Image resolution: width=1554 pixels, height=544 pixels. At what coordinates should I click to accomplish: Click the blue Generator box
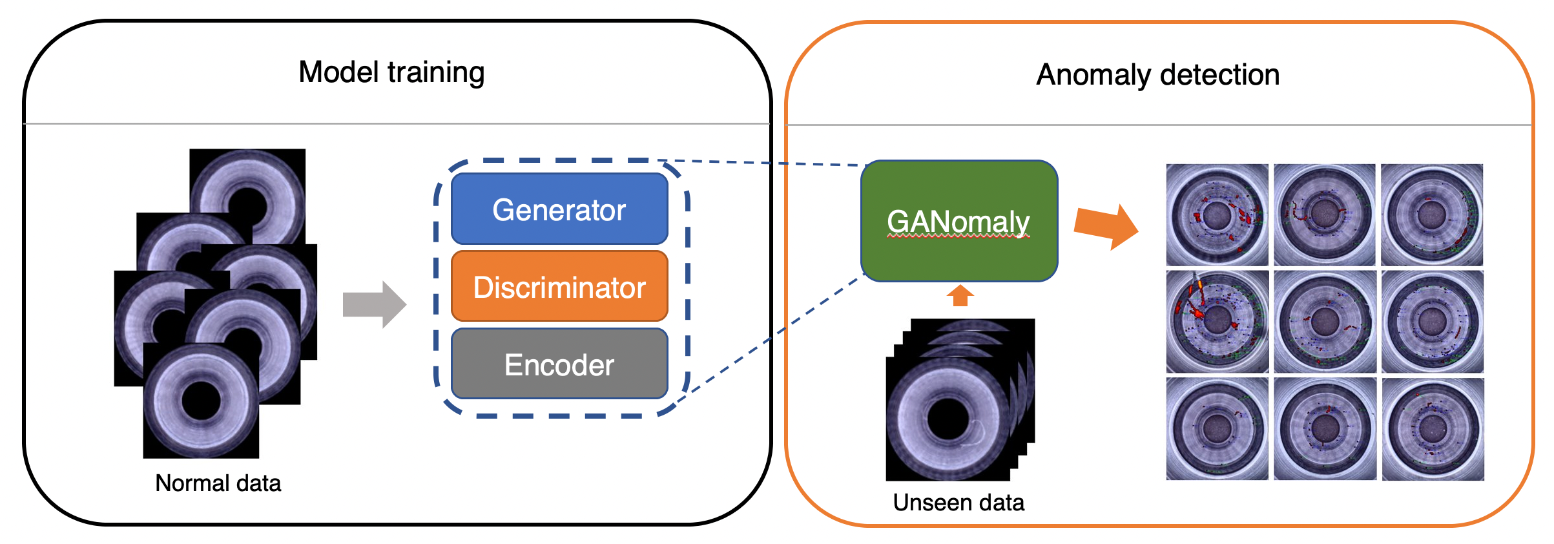tap(559, 209)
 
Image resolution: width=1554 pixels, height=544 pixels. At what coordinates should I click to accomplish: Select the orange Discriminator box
tap(559, 286)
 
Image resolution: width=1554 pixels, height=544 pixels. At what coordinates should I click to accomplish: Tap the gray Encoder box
tap(559, 364)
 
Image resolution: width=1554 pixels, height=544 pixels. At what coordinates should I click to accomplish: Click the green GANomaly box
tap(959, 221)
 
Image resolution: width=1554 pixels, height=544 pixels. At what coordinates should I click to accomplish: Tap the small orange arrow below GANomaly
tap(960, 296)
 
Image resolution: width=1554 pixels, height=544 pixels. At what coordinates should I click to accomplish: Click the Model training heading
tap(391, 72)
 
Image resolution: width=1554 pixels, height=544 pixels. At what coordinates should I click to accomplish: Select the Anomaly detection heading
tap(1157, 75)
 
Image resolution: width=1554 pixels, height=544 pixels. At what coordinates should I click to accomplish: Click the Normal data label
tap(218, 483)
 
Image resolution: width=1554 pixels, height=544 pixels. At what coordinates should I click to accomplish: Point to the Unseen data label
tap(958, 503)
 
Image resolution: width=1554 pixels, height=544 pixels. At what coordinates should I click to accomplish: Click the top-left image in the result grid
tap(1217, 214)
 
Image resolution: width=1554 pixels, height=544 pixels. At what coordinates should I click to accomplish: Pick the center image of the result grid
tap(1325, 321)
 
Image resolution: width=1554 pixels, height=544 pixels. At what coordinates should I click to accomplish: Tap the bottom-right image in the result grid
tap(1433, 428)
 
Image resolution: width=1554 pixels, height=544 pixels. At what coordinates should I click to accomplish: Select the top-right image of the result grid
tap(1432, 214)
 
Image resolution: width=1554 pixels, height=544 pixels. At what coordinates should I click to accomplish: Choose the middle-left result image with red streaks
tap(1217, 321)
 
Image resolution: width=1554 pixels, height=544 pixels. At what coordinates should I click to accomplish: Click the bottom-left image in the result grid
tap(1217, 428)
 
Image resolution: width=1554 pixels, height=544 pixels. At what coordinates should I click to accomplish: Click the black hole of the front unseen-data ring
tap(948, 419)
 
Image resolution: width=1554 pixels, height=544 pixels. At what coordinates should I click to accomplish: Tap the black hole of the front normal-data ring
tap(202, 401)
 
